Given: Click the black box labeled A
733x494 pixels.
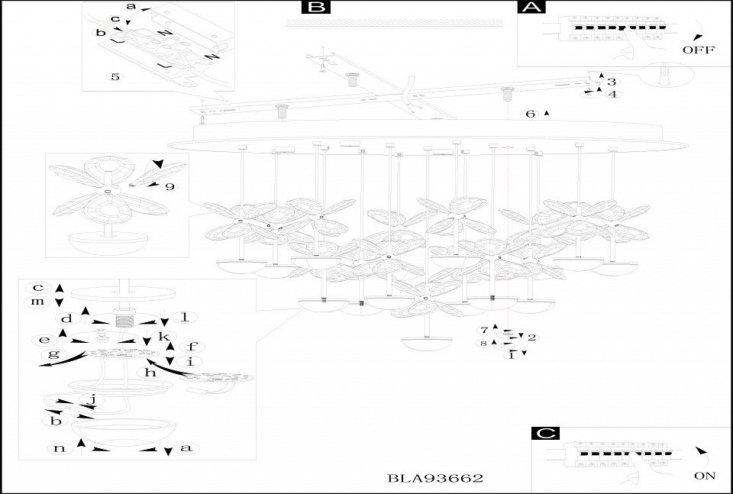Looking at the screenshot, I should tap(531, 8).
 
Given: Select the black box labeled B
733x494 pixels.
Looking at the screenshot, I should tap(315, 8).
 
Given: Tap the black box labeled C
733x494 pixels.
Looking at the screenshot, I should tap(544, 433).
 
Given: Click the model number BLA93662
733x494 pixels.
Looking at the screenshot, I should tap(436, 478).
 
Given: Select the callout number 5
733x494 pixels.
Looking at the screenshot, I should tap(115, 77).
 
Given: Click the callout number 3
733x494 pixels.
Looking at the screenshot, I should tap(612, 81).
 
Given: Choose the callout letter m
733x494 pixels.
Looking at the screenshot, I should tap(37, 302).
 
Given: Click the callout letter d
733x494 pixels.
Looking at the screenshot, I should tap(67, 318).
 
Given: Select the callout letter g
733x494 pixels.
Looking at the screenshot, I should tap(53, 354).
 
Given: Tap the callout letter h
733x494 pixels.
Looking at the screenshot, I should tap(150, 373).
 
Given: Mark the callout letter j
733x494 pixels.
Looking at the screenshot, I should tap(92, 399).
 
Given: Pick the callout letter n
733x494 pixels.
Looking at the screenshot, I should tap(60, 448).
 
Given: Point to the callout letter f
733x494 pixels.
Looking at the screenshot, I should tap(192, 346).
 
